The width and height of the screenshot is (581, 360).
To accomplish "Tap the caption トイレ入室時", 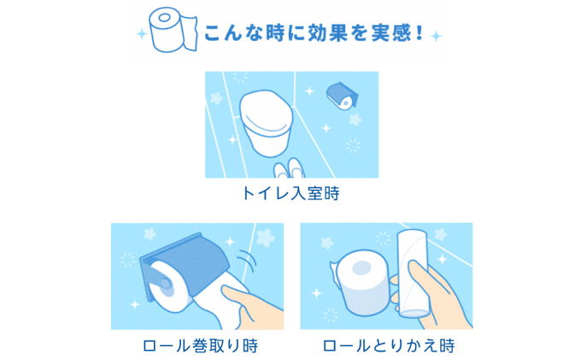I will pyautogui.click(x=290, y=194).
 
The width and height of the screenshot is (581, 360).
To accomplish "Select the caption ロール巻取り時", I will pyautogui.click(x=200, y=345).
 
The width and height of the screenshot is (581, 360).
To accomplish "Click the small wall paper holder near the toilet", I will pyautogui.click(x=343, y=96).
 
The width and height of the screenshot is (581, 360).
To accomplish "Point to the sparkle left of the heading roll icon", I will pyautogui.click(x=140, y=35).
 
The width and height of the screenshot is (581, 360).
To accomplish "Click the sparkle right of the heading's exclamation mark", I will pyautogui.click(x=437, y=36).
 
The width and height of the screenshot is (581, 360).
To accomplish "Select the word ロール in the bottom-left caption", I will pyautogui.click(x=167, y=345).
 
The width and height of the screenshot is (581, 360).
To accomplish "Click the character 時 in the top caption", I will pyautogui.click(x=331, y=194).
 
